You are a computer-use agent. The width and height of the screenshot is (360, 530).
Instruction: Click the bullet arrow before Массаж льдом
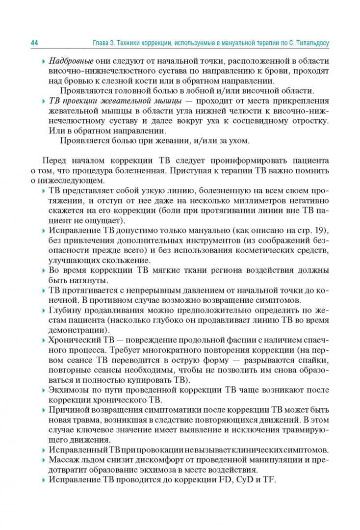click(x=44, y=460)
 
